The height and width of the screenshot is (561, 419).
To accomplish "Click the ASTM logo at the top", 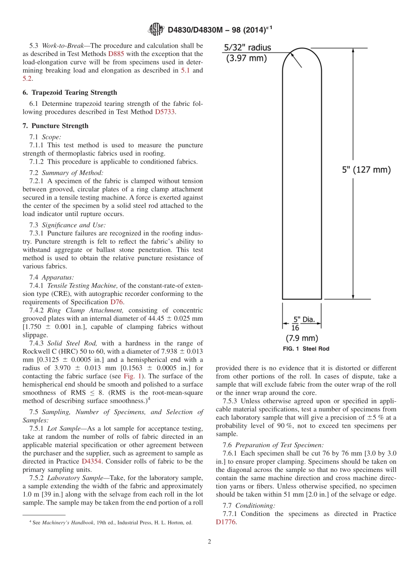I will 156,30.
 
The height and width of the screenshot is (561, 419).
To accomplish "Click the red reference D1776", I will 226,522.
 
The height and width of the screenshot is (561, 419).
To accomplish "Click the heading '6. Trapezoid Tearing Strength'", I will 70,93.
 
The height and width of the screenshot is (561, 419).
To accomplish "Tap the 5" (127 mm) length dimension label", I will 367,170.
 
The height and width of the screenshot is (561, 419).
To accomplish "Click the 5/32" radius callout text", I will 247,48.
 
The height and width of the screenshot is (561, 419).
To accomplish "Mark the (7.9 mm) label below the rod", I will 302,338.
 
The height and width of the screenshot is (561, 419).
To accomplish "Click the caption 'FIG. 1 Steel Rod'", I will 306,349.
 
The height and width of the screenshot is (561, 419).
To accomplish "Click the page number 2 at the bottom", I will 209,542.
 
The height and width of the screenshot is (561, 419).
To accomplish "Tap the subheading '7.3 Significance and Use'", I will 67,225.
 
